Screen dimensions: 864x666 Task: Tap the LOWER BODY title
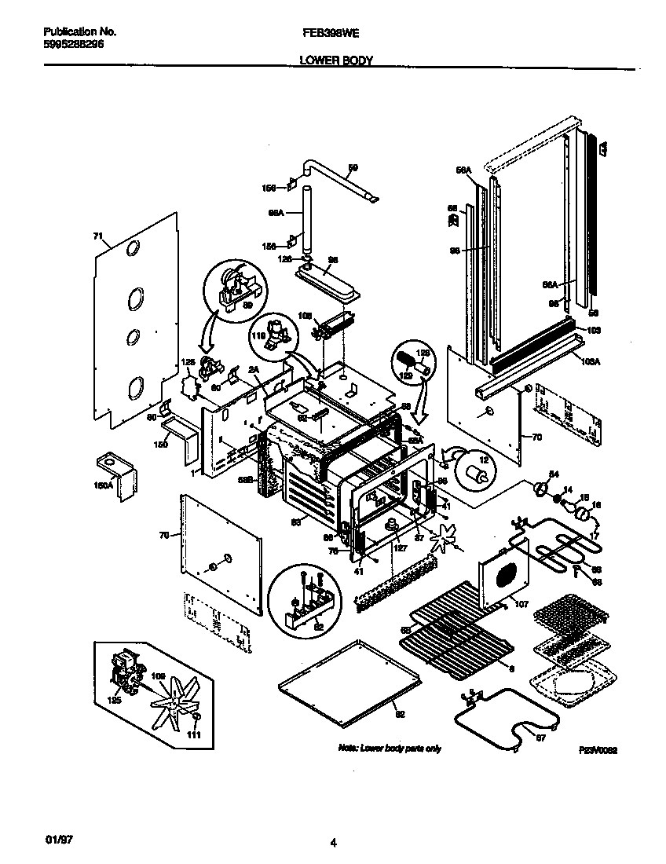point(336,60)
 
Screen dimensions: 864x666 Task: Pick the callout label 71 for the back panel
point(98,235)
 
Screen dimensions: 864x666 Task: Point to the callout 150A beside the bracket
point(104,485)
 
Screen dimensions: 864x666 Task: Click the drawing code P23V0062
point(596,751)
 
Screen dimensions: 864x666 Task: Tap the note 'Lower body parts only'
point(389,748)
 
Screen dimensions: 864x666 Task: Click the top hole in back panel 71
point(134,250)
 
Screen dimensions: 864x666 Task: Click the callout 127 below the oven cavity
point(398,548)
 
